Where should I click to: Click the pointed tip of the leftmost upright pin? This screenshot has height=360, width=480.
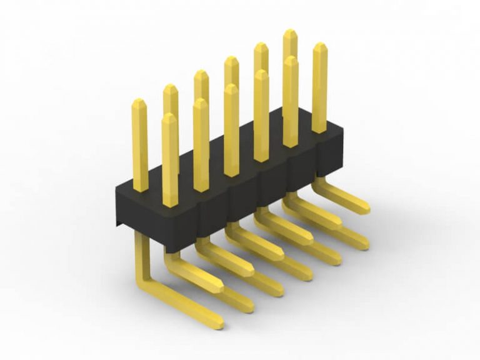pos(139,102)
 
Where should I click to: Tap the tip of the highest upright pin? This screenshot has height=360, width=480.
pos(290,32)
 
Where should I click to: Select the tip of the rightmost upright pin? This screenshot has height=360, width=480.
pos(319,46)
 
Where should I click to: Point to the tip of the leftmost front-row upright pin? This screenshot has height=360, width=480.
pos(169,117)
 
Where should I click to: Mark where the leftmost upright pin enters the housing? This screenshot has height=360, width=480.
pos(140,187)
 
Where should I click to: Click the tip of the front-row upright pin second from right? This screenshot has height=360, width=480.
pos(290,61)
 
